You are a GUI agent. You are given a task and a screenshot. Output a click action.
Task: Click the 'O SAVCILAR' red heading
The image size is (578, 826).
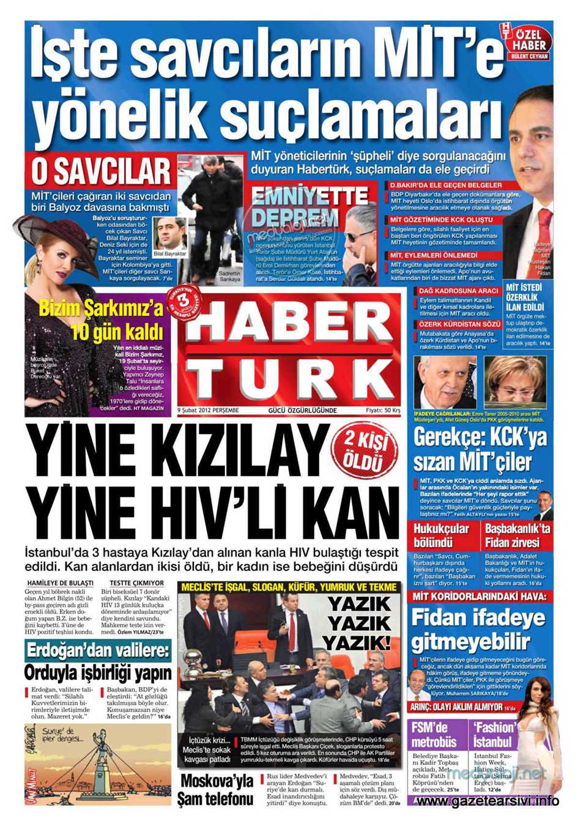coord(101,171)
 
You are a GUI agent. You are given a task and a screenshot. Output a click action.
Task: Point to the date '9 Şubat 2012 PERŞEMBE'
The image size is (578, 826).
coord(208,410)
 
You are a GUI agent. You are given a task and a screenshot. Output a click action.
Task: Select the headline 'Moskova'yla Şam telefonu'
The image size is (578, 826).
coord(216,789)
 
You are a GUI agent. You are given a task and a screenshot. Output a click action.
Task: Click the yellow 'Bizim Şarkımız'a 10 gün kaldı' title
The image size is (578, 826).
coord(101,319)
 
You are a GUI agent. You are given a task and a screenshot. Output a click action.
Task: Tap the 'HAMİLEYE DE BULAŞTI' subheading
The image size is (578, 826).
coord(60,583)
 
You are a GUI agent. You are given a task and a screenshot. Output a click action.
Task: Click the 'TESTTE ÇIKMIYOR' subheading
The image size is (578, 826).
coord(136,583)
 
